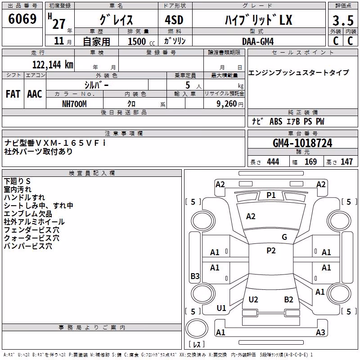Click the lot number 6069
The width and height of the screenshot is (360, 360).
click(x=22, y=19)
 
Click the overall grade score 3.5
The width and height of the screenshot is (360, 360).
click(x=343, y=20)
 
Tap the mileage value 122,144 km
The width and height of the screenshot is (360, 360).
click(x=53, y=65)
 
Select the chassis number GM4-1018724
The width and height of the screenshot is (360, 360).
click(x=302, y=143)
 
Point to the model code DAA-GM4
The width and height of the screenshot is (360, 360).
click(x=258, y=41)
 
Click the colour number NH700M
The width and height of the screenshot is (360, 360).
click(x=74, y=104)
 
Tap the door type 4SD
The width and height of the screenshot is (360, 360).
click(x=174, y=20)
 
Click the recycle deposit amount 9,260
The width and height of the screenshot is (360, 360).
click(x=227, y=104)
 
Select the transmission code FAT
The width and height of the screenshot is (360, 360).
click(x=13, y=94)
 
